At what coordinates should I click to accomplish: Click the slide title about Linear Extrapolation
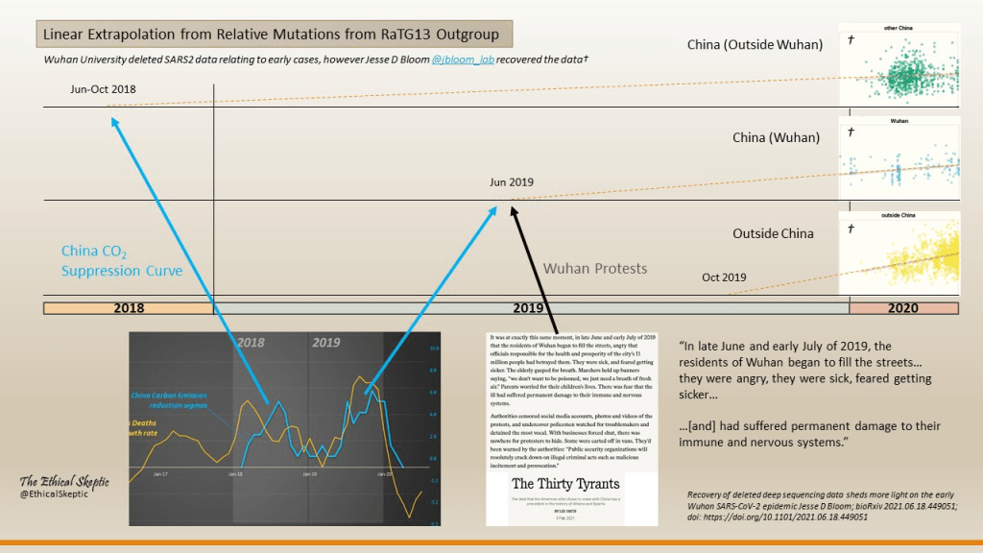(x=269, y=36)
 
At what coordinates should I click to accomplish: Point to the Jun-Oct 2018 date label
(x=104, y=89)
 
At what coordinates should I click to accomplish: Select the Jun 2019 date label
(x=511, y=181)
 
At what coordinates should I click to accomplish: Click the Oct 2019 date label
(x=724, y=277)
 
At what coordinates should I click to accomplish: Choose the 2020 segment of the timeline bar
(x=903, y=308)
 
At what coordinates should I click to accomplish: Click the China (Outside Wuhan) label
(x=755, y=44)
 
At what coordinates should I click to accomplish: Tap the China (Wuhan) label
(x=776, y=137)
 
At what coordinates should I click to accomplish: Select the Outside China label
(x=773, y=233)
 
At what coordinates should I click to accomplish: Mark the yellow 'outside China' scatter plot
(x=899, y=252)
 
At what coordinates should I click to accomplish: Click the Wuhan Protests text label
(x=595, y=268)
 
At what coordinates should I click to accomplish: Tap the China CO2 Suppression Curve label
(x=122, y=261)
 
